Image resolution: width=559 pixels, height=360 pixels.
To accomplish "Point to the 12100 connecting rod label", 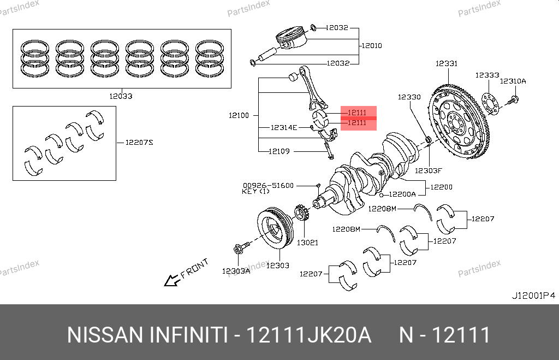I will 239,115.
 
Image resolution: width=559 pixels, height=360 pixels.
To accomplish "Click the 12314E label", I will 284,127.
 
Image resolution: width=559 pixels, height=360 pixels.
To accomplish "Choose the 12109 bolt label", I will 279,151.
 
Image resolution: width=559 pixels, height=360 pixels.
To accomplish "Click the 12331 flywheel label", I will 446,64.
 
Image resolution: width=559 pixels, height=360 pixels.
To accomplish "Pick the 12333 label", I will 486,75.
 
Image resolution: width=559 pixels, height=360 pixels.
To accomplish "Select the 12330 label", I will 409,97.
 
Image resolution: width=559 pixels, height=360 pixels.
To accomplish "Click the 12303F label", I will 427,170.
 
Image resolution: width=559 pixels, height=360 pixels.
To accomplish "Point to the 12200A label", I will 403,194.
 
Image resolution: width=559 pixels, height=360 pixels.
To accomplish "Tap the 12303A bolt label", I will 236,271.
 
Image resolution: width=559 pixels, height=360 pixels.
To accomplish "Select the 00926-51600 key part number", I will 268,186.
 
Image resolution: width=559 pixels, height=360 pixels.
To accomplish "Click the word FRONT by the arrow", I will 195,269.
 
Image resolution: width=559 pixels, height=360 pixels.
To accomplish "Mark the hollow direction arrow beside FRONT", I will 173,281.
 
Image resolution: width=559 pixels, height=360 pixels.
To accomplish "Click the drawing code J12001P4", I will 533,296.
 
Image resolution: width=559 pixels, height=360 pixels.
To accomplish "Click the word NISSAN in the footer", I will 104,335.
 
